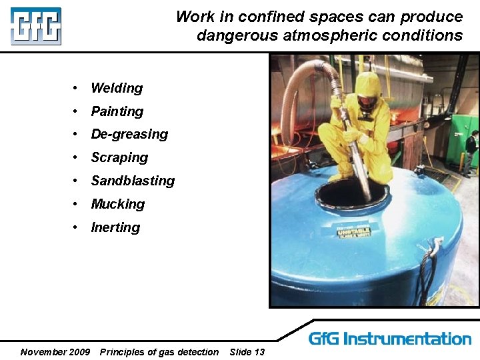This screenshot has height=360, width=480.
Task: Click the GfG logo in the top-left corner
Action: pyautogui.click(x=35, y=26)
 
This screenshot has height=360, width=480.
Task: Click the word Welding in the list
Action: pyautogui.click(x=117, y=88)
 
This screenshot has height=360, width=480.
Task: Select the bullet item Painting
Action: pyautogui.click(x=117, y=111)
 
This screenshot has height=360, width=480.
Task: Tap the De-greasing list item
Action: pyautogui.click(x=129, y=134)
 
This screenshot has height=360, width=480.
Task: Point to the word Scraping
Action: pyautogui.click(x=119, y=157)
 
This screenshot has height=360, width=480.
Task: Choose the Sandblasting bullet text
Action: pyautogui.click(x=133, y=181)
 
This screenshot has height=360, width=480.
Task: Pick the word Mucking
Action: pyautogui.click(x=118, y=204)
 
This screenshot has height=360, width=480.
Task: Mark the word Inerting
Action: pyautogui.click(x=115, y=227)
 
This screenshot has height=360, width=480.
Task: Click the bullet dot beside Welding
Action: pyautogui.click(x=77, y=88)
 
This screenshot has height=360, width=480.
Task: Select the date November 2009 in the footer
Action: pyautogui.click(x=55, y=352)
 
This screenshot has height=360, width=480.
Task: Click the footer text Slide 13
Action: pyautogui.click(x=247, y=352)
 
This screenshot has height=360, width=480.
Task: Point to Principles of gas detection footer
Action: pyautogui.click(x=159, y=352)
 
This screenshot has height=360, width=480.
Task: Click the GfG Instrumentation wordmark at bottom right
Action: pyautogui.click(x=389, y=339)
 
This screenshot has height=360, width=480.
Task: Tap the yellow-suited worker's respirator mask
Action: pyautogui.click(x=365, y=103)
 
